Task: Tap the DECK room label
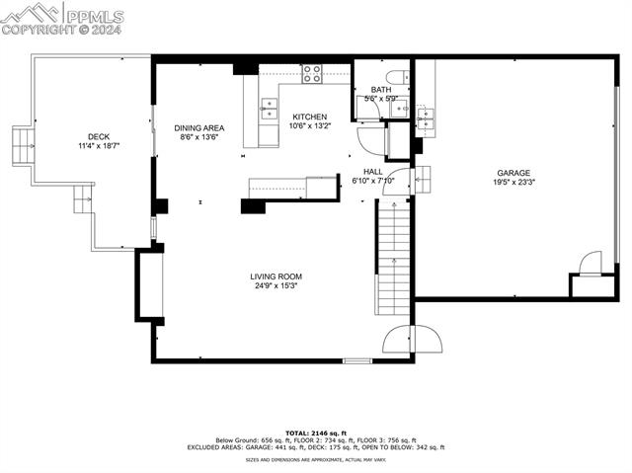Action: coord(98,137)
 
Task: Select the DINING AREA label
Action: coord(198,128)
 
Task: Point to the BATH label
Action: coord(380,90)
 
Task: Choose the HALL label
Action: coord(372,171)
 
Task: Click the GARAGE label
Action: coord(513,173)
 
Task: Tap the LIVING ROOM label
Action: coord(276,276)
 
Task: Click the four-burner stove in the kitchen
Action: coord(311,72)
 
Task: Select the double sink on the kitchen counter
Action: coord(268,108)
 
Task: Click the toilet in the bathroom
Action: coord(395,77)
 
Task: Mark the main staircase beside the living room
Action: coord(393,257)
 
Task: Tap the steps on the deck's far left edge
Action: coord(21,146)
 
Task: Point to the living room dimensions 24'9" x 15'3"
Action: coord(276,286)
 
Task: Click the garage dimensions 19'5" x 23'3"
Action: coord(513,183)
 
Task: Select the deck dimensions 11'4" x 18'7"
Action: coord(98,146)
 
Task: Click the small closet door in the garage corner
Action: coord(589,265)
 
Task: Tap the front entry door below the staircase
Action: coord(397,340)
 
